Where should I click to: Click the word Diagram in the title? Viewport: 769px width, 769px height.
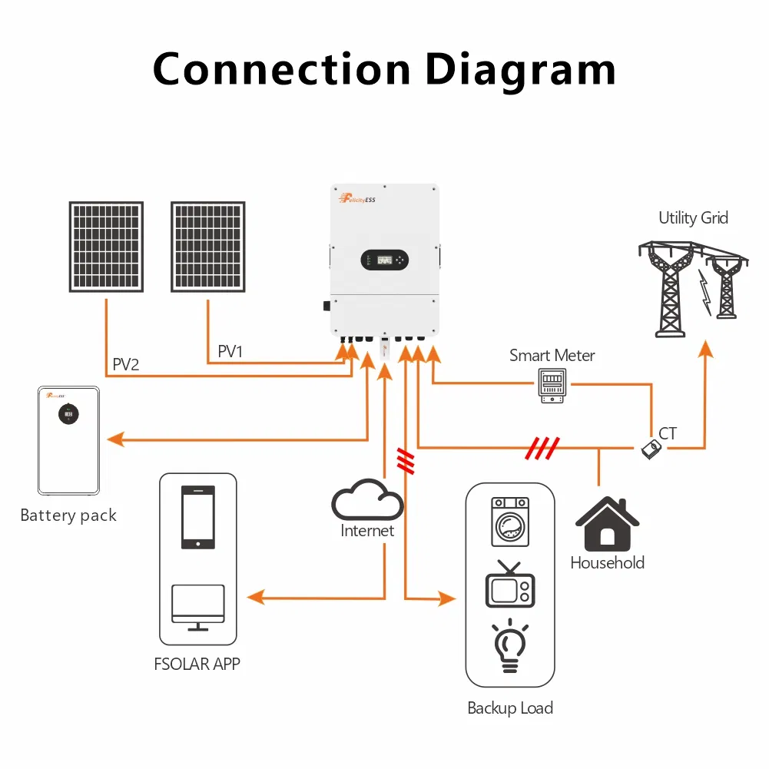[x=520, y=71]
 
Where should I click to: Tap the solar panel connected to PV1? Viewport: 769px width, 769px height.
[x=207, y=247]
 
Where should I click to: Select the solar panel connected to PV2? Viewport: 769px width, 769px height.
[x=106, y=247]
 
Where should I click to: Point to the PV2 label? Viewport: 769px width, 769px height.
[x=126, y=364]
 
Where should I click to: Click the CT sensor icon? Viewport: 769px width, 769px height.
[x=651, y=448]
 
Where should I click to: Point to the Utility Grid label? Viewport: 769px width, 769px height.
[x=693, y=218]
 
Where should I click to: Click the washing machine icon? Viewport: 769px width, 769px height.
[x=510, y=521]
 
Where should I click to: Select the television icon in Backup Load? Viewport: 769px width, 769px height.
[x=510, y=588]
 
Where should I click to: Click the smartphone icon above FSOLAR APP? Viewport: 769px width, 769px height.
[x=197, y=516]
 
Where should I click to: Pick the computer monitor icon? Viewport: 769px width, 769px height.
[x=197, y=605]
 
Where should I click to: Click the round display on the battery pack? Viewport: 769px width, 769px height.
[x=68, y=413]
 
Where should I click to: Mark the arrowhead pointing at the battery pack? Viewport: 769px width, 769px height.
[x=115, y=439]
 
